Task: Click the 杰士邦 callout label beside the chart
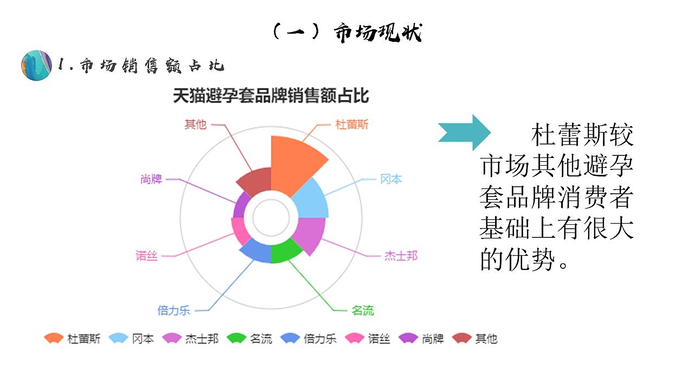point(401,256)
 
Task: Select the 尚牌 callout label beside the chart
point(151,179)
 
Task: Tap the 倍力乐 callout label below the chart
point(174,311)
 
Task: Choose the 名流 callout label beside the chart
point(363,311)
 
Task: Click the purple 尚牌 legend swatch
point(408,338)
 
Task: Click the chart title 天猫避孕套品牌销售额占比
point(271,96)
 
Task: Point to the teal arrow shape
point(465,133)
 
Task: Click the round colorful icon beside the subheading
point(37,65)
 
